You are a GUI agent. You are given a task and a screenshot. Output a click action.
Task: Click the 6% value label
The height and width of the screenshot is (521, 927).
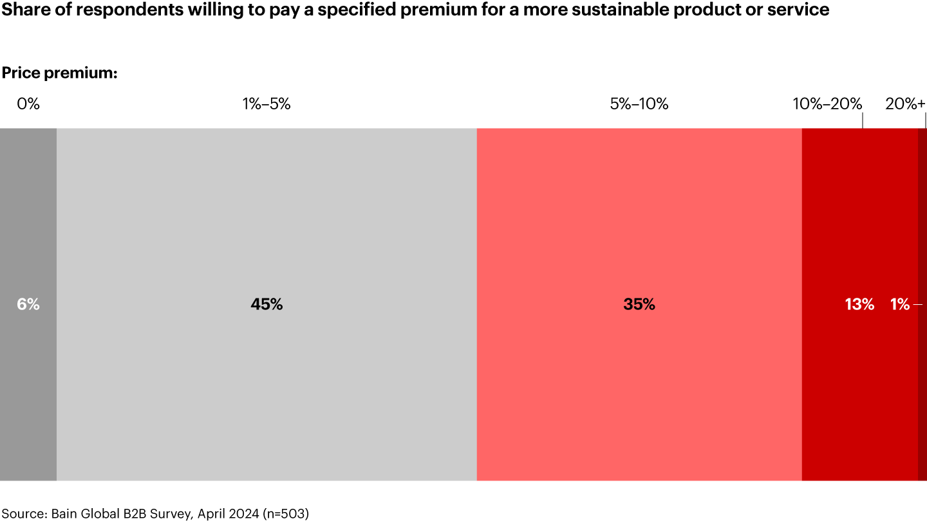pyautogui.click(x=28, y=305)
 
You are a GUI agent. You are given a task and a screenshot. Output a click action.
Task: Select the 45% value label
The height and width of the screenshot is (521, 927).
pyautogui.click(x=267, y=305)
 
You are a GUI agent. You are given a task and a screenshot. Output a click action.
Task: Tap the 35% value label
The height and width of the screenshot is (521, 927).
pyautogui.click(x=639, y=305)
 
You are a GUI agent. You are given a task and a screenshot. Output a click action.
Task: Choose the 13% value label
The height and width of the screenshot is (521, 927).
pyautogui.click(x=859, y=305)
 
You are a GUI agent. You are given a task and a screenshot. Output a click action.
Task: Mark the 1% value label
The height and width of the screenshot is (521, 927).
pyautogui.click(x=900, y=305)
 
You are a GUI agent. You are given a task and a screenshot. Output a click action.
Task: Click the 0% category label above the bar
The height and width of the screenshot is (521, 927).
pyautogui.click(x=28, y=104)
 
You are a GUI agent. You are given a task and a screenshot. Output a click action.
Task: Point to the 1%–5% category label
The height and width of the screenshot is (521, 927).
pyautogui.click(x=267, y=104)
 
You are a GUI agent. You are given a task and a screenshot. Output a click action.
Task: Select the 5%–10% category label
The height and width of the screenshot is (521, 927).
pyautogui.click(x=639, y=104)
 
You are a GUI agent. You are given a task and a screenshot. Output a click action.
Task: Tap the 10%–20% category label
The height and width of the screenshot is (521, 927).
pyautogui.click(x=827, y=104)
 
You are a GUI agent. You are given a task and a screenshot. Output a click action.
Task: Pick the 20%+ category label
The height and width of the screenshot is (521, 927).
pyautogui.click(x=905, y=104)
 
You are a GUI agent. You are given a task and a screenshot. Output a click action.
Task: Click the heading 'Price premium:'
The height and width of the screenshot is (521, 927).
pyautogui.click(x=59, y=73)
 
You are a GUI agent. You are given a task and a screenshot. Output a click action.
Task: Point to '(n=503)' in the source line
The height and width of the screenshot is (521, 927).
pyautogui.click(x=285, y=514)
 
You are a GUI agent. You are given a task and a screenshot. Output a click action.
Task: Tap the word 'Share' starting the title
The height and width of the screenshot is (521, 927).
pyautogui.click(x=21, y=10)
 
